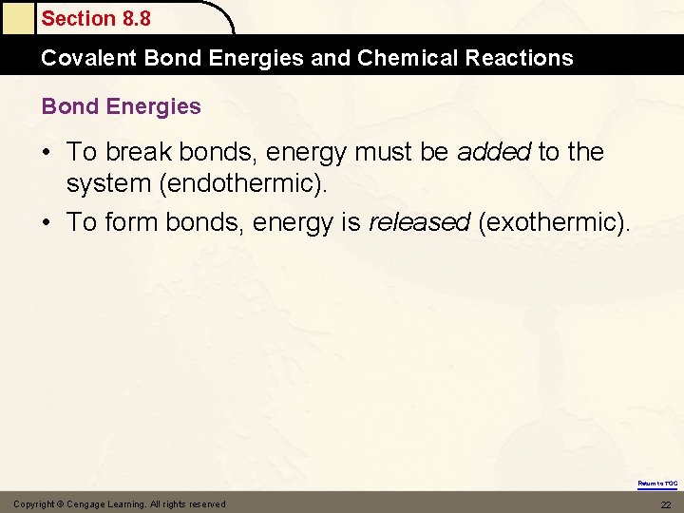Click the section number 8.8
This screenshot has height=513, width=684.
point(133,18)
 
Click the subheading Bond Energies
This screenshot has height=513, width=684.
point(121,106)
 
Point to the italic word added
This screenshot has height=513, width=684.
point(494,152)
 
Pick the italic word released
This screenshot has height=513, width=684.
point(419,222)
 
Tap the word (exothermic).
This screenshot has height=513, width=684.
point(554,222)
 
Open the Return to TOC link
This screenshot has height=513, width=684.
point(657,484)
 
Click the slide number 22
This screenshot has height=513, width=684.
point(665,504)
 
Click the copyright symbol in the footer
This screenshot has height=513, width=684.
point(60,504)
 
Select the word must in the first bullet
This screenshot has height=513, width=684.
point(386,152)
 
